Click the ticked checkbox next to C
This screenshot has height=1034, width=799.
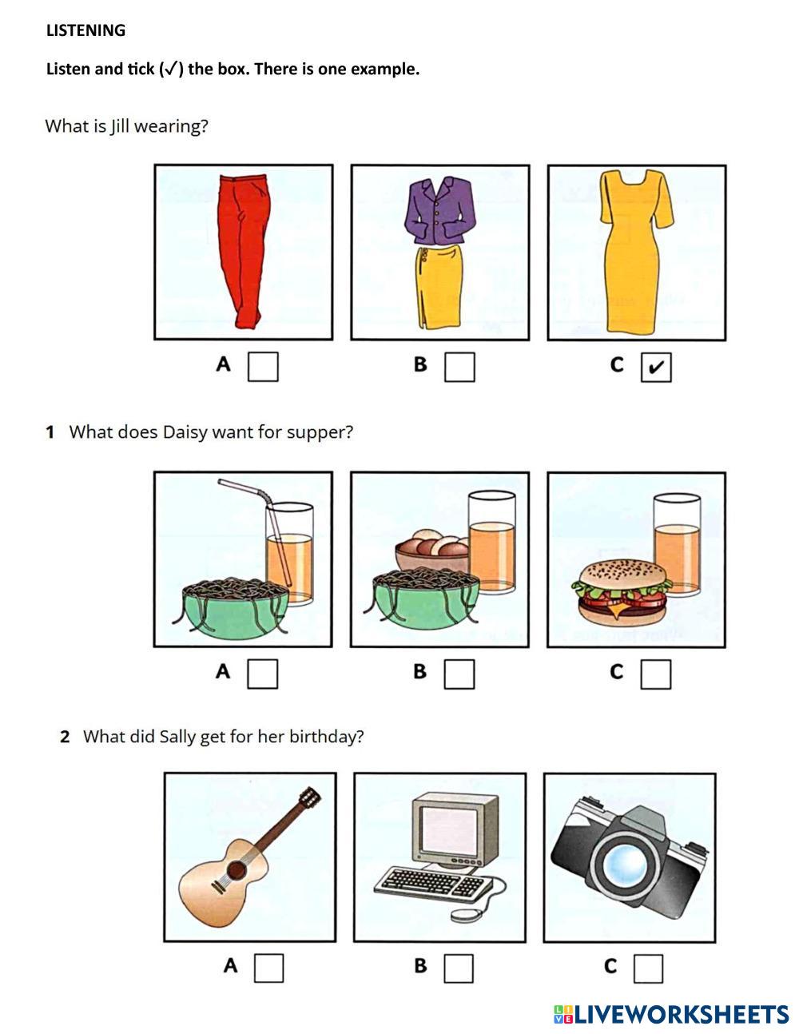pos(656,367)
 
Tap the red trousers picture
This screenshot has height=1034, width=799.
pos(244,251)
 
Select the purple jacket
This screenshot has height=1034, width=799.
pos(440,210)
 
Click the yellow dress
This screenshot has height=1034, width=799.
pos(636,251)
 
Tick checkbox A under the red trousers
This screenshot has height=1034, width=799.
pos(263,367)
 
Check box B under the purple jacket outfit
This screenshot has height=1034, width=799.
pos(459,367)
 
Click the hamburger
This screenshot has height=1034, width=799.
pos(621,592)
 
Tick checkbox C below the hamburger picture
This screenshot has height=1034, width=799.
pos(656,674)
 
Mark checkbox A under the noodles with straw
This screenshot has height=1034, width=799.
pos(263,674)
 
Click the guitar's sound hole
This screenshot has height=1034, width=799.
pos(237,871)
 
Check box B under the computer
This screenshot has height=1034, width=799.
pos(459,968)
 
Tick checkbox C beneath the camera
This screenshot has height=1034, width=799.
pos(648,968)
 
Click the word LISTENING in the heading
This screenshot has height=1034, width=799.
pos(85,30)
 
